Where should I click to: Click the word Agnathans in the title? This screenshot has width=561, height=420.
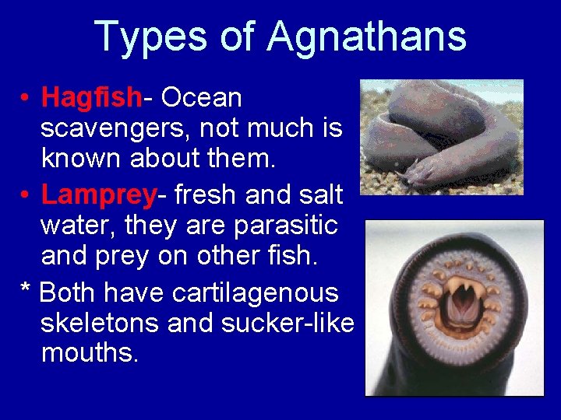pos(366,37)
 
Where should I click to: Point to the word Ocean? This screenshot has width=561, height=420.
pos(202,99)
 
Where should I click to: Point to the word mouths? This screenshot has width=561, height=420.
pos(90,353)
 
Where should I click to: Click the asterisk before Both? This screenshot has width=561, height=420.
pos(25,292)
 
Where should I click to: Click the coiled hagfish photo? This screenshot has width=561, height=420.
pos(440,136)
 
